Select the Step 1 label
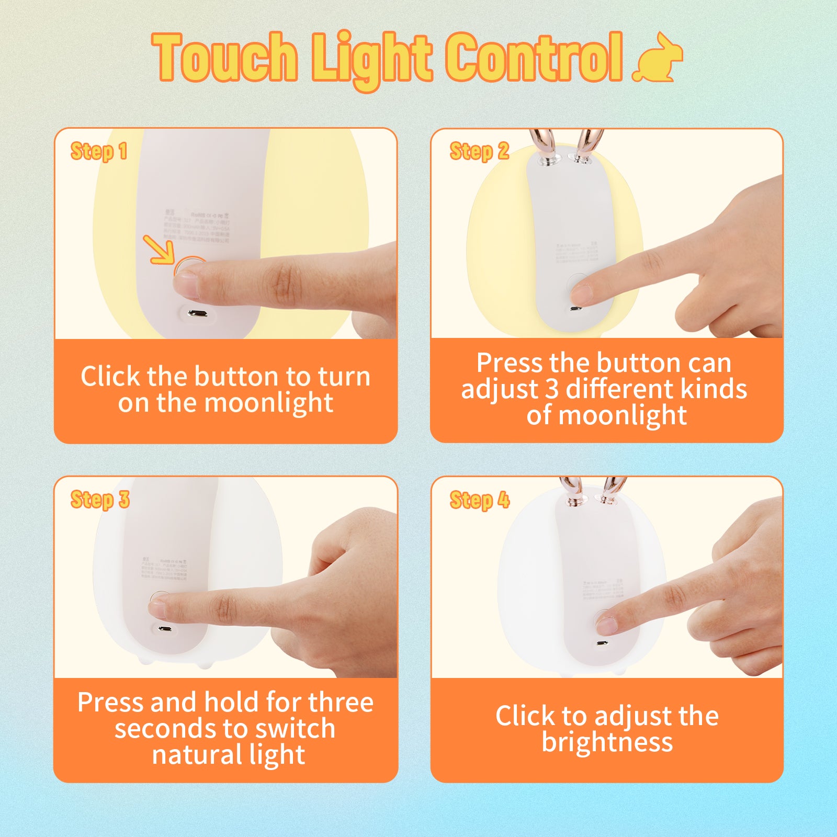99,151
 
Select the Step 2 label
479,151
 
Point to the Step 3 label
99,500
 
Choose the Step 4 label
479,500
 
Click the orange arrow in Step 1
159,250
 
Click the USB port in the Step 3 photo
165,629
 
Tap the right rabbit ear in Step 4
612,489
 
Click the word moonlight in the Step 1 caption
268,403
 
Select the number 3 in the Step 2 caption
552,389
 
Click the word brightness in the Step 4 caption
607,742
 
